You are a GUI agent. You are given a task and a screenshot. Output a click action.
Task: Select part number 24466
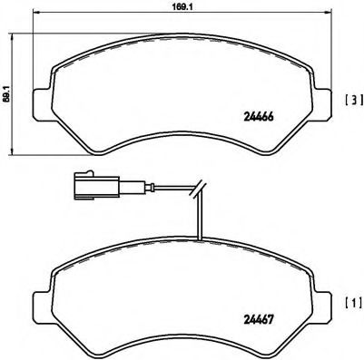tap(261, 114)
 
